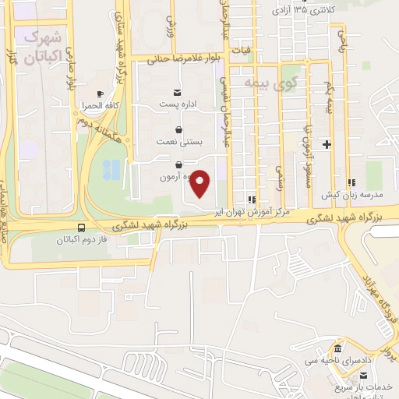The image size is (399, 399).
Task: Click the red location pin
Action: click(x=201, y=182)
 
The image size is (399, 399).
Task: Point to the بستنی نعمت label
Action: click(x=180, y=143)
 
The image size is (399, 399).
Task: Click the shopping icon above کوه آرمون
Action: click(x=180, y=165)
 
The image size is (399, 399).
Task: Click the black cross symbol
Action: click(x=327, y=144)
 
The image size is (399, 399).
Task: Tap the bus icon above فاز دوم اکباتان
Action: click(x=83, y=228)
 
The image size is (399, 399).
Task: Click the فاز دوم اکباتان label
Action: click(x=83, y=240)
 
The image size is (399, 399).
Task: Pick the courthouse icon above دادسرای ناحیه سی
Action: click(x=337, y=348)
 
